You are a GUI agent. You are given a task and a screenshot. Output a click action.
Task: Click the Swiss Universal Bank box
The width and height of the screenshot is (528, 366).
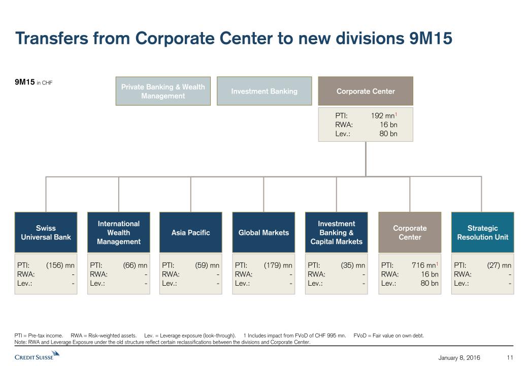pyautogui.click(x=46, y=232)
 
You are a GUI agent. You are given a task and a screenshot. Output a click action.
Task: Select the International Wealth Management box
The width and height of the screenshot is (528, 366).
pyautogui.click(x=118, y=232)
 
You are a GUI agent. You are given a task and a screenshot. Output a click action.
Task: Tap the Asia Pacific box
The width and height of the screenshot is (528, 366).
pyautogui.click(x=190, y=232)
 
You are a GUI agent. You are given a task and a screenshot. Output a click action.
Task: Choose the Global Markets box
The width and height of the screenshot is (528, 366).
pyautogui.click(x=263, y=232)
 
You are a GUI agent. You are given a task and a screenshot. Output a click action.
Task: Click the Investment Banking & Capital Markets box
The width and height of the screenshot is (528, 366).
pyautogui.click(x=336, y=232)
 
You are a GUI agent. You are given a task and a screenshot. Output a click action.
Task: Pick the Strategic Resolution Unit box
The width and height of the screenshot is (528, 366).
pyautogui.click(x=482, y=232)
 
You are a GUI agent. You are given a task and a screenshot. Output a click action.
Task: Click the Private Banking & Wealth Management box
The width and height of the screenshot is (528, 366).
pyautogui.click(x=163, y=91)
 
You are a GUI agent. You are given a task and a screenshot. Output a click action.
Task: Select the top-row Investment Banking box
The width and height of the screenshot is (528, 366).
pyautogui.click(x=264, y=91)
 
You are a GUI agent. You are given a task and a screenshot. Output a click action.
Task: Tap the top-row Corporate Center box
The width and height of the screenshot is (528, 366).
pyautogui.click(x=366, y=91)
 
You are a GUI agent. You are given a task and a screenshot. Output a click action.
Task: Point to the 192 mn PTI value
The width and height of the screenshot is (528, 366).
pyautogui.click(x=383, y=116)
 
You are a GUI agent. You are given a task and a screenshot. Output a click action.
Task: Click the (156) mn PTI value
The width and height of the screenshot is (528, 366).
pyautogui.click(x=60, y=265)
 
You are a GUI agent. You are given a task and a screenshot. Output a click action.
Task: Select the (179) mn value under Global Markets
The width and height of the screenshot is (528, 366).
pyautogui.click(x=278, y=265)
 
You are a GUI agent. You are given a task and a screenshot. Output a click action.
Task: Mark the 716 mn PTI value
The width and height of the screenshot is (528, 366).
pyautogui.click(x=424, y=265)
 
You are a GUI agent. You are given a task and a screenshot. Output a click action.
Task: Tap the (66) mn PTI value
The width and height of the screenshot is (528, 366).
pyautogui.click(x=135, y=265)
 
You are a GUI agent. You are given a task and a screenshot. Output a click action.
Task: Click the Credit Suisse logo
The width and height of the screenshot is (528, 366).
pyautogui.click(x=37, y=356)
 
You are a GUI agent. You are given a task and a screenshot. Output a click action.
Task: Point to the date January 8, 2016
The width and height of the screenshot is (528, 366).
pyautogui.click(x=459, y=358)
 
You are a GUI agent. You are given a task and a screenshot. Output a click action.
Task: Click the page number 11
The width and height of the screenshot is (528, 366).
pyautogui.click(x=510, y=358)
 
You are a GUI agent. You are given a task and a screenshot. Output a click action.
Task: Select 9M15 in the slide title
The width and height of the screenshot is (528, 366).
pyautogui.click(x=431, y=38)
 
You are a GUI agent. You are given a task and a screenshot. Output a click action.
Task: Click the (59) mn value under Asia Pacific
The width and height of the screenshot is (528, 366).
pyautogui.click(x=207, y=265)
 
